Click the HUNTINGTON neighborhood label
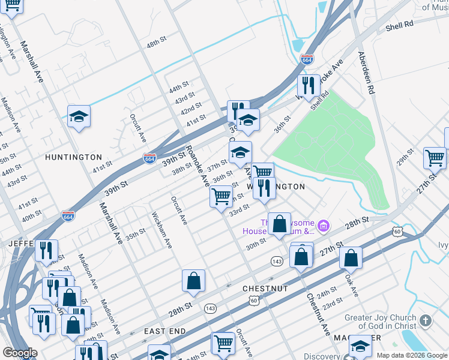73,157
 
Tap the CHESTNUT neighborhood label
265,289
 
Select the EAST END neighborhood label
166,331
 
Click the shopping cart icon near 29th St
435,158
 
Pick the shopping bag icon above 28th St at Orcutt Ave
193,281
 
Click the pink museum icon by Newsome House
324,226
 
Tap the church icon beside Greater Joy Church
426,321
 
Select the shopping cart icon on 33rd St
221,196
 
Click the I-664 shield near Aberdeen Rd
306,59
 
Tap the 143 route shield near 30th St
277,262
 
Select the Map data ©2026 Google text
411,355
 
